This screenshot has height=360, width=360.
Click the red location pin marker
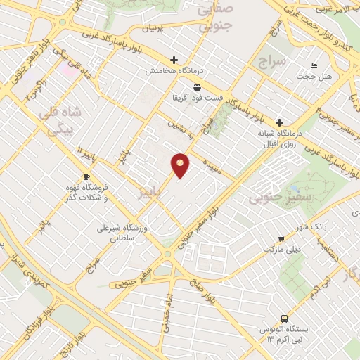click(181, 165)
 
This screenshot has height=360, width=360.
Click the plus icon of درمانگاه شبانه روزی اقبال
click(280, 122)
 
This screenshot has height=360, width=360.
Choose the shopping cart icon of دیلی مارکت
click(281, 239)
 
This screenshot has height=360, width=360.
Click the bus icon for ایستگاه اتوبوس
click(284, 317)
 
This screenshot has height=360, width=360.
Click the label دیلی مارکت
click(281, 250)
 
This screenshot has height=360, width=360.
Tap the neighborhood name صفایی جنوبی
click(214, 19)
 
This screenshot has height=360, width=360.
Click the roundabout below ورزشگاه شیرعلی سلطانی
click(167, 253)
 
